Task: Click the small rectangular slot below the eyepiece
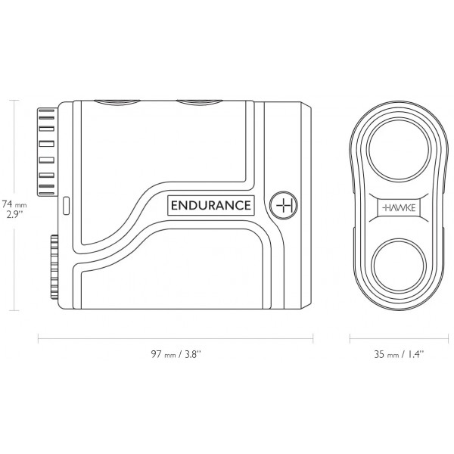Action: click(x=65, y=204)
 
